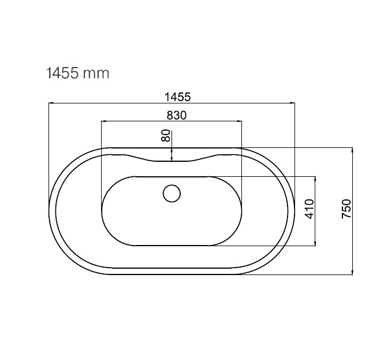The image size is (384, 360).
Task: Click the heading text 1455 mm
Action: point(77,73)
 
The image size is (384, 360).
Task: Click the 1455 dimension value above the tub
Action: point(177,97)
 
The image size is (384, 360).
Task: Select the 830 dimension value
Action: point(176,115)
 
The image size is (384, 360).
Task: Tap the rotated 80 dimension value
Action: point(166,136)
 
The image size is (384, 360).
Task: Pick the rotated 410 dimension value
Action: point(310,209)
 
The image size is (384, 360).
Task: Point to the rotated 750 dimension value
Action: point(346,209)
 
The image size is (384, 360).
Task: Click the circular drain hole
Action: point(172,194)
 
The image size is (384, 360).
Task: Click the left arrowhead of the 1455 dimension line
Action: point(51,103)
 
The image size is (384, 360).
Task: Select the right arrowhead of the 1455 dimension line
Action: point(292,103)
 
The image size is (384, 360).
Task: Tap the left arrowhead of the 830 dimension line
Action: point(104,121)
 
